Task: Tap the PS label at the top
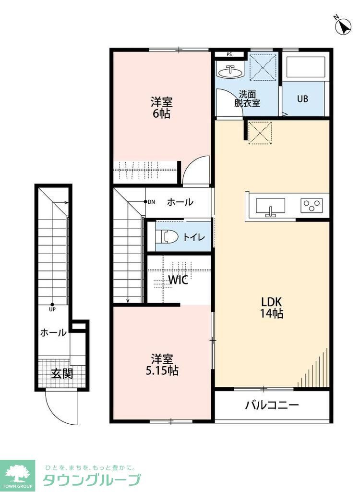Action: (x=229, y=54)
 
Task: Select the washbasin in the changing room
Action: (x=230, y=72)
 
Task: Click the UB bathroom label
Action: (x=302, y=99)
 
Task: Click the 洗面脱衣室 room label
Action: (x=247, y=98)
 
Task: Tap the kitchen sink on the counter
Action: (x=270, y=207)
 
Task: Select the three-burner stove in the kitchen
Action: (x=312, y=206)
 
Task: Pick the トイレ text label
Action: (x=195, y=237)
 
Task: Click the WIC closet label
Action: (x=178, y=280)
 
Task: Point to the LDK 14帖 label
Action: (x=272, y=307)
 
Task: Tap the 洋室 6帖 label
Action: (x=162, y=108)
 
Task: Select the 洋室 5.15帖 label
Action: (x=162, y=365)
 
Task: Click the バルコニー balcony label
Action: (x=272, y=405)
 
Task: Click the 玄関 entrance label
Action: (x=62, y=373)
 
